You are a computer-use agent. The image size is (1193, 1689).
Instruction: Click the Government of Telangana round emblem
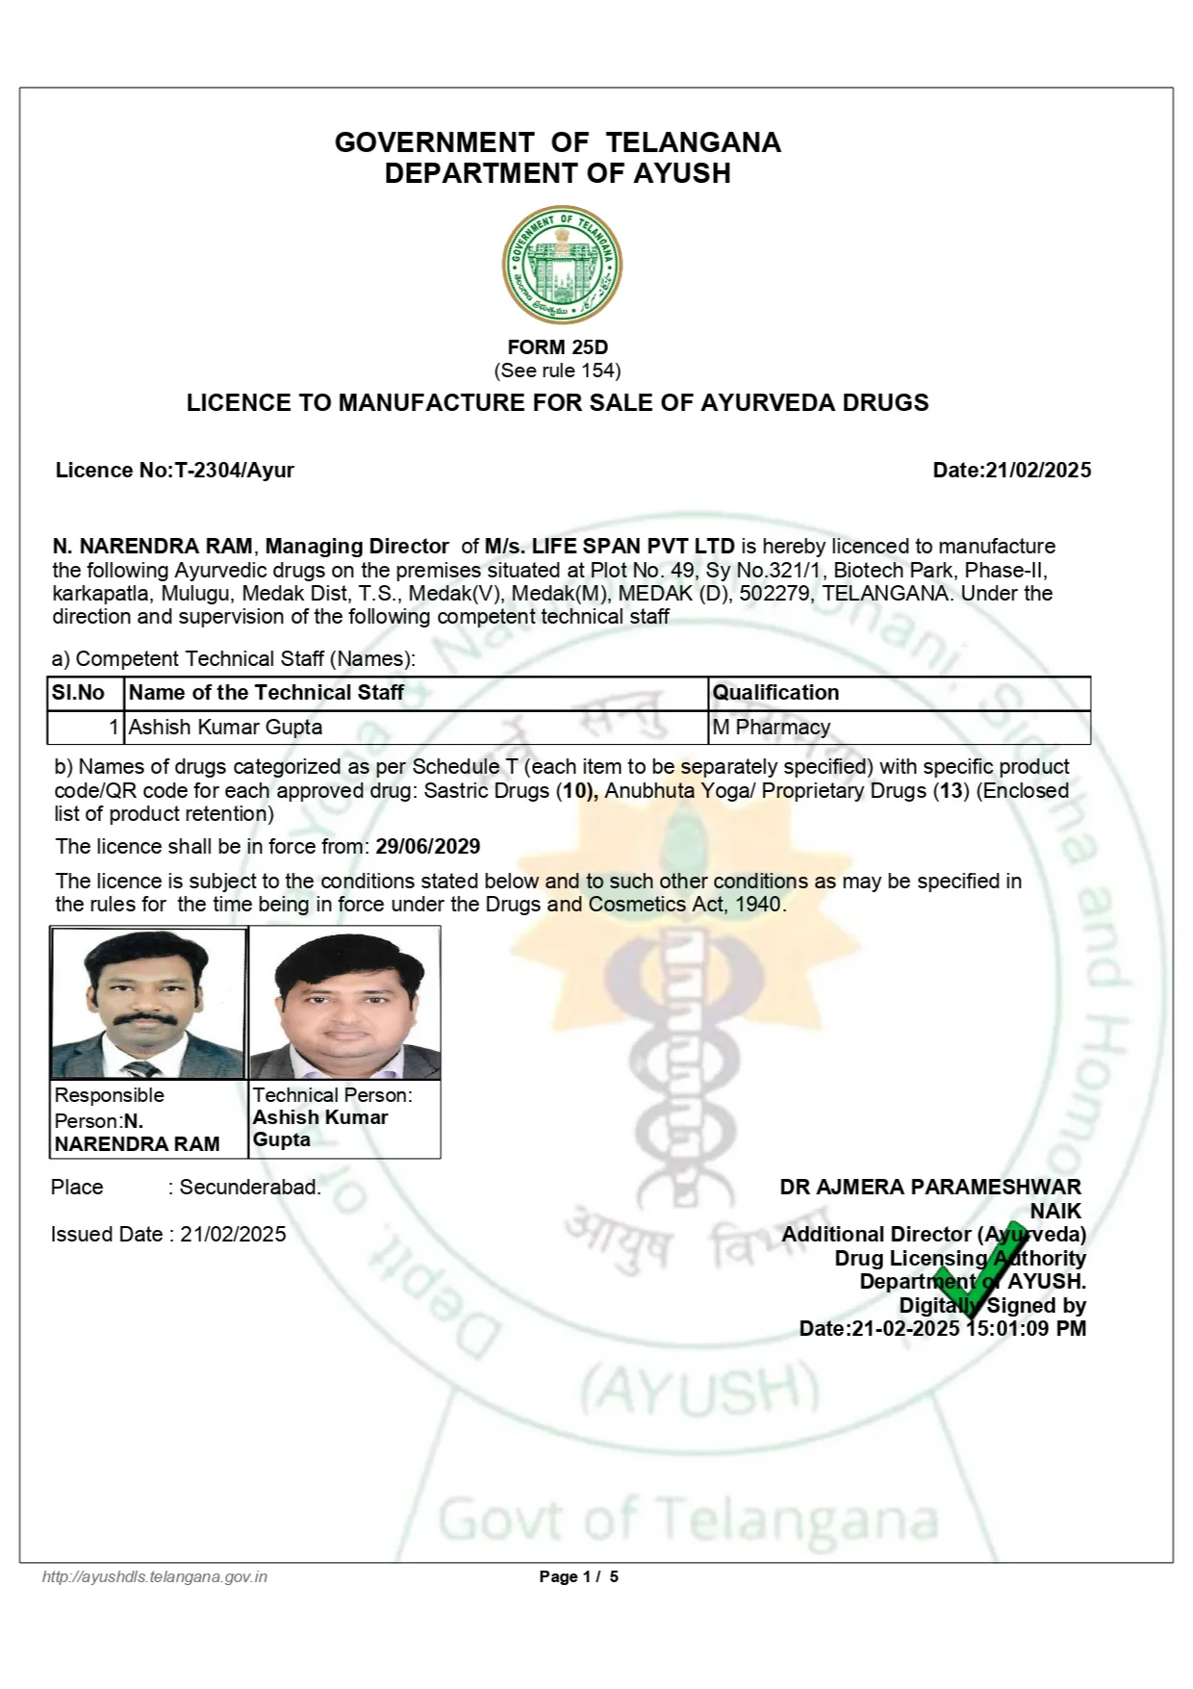point(562,265)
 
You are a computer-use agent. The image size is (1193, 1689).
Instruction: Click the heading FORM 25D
point(557,347)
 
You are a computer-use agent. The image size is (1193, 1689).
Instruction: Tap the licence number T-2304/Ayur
point(234,471)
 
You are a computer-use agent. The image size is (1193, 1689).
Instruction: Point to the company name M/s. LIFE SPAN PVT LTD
point(609,547)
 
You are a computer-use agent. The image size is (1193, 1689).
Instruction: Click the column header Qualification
point(775,693)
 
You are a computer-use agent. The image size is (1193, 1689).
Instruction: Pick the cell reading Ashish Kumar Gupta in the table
point(226,728)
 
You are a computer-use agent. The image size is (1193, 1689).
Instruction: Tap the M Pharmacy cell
point(771,728)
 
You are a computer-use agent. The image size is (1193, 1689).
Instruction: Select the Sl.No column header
point(79,693)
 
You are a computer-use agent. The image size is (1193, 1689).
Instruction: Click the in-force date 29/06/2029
point(427,847)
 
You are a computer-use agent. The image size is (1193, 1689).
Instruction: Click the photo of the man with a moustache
point(149,1004)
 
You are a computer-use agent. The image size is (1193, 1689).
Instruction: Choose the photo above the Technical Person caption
point(344,1004)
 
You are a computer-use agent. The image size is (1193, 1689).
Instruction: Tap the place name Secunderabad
point(250,1188)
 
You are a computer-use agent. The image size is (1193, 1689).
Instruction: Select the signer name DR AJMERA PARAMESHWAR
point(929,1188)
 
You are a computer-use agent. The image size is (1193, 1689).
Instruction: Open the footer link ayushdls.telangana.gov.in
point(155,1576)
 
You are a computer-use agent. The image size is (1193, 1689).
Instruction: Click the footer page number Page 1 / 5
point(578,1576)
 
